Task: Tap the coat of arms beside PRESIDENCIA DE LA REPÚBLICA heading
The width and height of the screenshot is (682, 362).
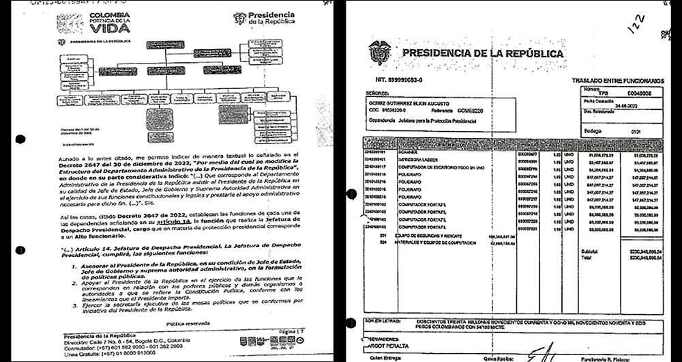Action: point(379,53)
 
